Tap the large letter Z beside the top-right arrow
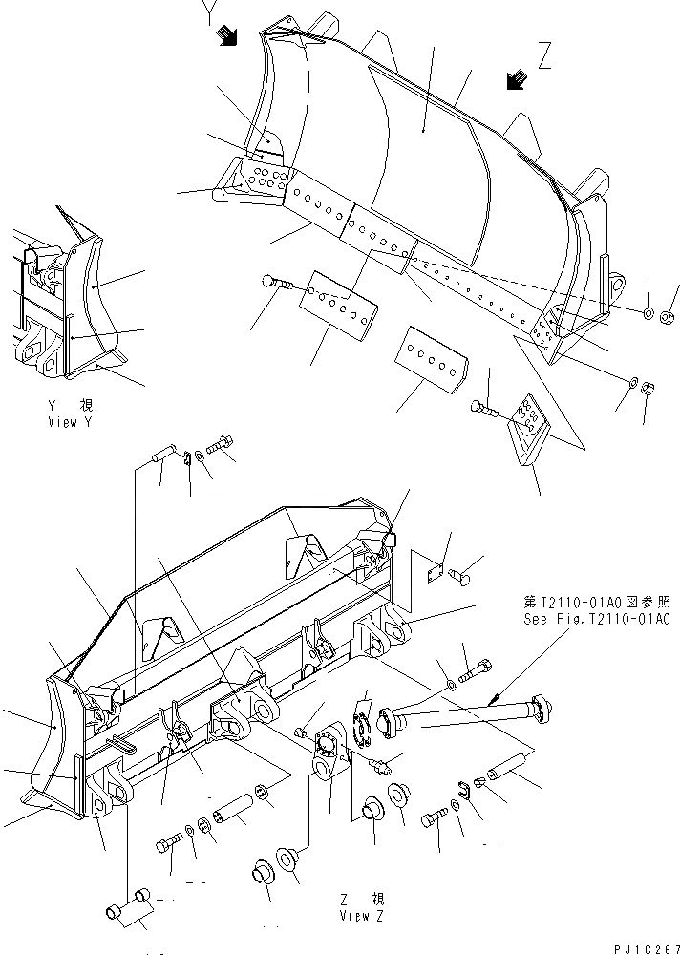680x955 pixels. tap(544, 58)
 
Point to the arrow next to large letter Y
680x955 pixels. tap(227, 37)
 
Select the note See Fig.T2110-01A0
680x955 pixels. tap(597, 619)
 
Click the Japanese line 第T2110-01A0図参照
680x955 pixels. tap(597, 604)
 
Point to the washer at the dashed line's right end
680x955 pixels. tap(648, 313)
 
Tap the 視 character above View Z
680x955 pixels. tap(377, 899)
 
